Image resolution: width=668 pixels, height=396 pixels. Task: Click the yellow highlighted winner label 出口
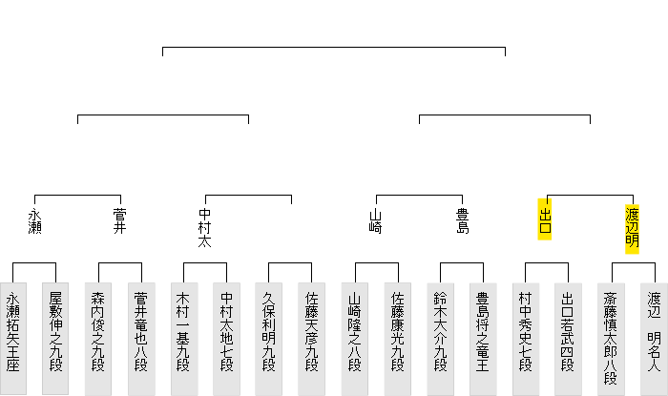pyautogui.click(x=546, y=220)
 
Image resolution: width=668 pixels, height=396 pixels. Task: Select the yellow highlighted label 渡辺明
pyautogui.click(x=632, y=227)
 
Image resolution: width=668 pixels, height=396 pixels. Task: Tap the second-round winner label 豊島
pyautogui.click(x=462, y=220)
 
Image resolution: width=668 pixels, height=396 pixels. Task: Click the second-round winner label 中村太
pyautogui.click(x=204, y=227)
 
